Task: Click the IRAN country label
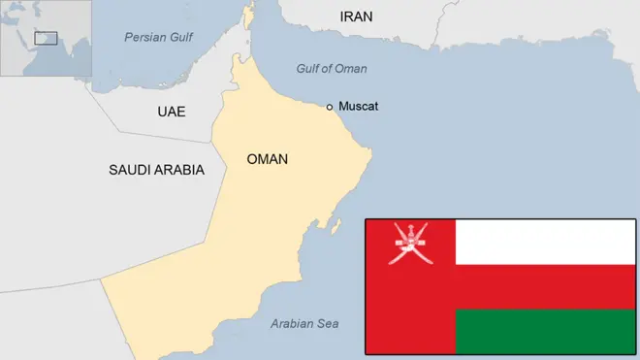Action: (356, 16)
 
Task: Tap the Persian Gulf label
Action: (158, 37)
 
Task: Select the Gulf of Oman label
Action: (332, 69)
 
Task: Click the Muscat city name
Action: (358, 106)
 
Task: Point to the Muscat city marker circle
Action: (330, 107)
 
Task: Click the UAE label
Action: (171, 112)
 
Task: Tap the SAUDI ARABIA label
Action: (156, 170)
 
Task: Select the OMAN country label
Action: (267, 159)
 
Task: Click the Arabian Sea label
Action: (304, 324)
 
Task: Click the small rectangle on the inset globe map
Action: (46, 39)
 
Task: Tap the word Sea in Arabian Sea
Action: (329, 324)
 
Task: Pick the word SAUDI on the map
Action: (129, 170)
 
